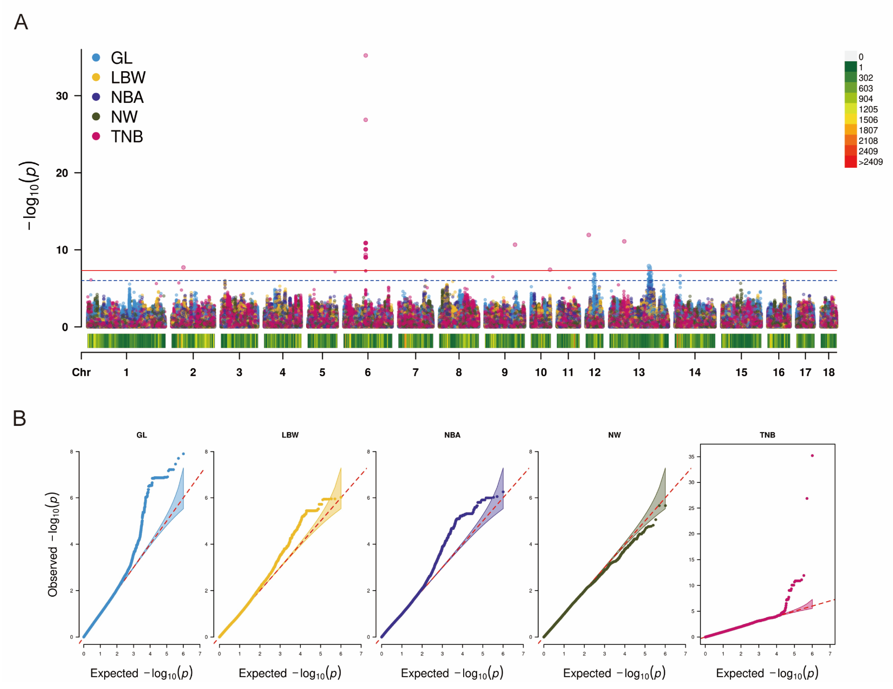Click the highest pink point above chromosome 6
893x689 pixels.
366,55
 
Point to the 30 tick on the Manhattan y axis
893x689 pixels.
62,96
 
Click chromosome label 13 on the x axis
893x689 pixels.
639,372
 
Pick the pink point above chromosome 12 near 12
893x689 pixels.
589,235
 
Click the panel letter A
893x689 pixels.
21,22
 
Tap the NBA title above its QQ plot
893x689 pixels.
452,435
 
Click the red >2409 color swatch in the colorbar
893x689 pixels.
851,162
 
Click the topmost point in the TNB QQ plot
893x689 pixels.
812,456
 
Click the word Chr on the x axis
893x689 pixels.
81,372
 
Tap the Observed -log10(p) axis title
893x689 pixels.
53,545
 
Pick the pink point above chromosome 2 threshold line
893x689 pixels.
184,267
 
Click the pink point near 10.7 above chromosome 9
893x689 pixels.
515,245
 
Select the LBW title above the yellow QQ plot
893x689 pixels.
290,435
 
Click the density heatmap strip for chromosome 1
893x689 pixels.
126,341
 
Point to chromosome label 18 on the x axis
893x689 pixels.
829,372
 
